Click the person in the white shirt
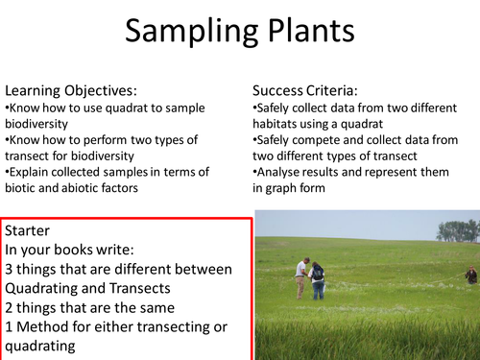[301, 276]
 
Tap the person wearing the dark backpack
[317, 279]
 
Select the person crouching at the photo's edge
[470, 276]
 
